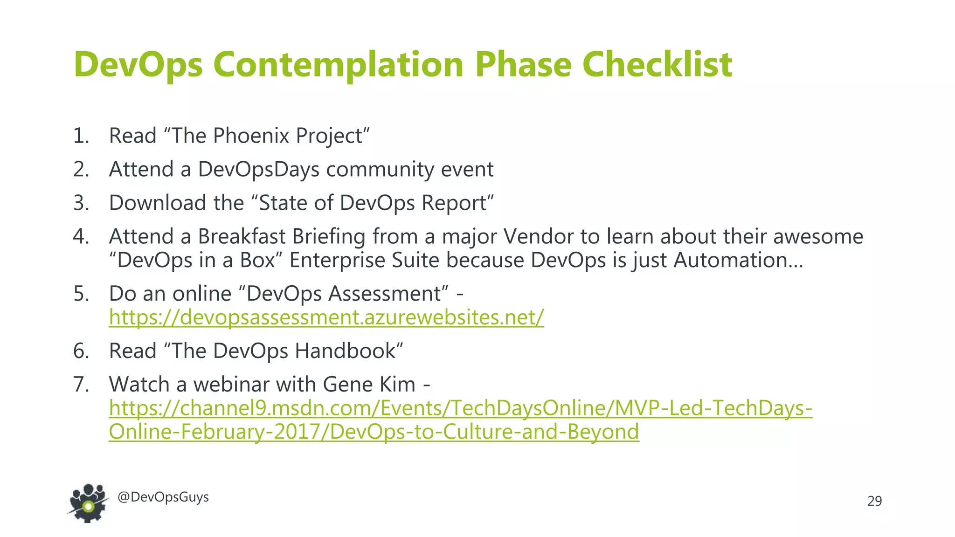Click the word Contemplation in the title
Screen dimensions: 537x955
tap(338, 64)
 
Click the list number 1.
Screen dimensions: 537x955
tap(80, 136)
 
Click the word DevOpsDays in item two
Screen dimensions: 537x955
tap(258, 169)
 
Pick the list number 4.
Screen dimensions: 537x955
tap(80, 236)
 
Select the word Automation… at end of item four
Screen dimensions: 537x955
tap(738, 260)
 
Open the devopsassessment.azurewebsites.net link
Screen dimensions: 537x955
tap(326, 317)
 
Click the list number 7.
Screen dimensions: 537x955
tap(80, 385)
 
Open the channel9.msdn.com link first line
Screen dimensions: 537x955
tap(460, 408)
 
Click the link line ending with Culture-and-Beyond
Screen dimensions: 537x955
tap(374, 432)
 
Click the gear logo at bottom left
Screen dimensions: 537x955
tap(89, 503)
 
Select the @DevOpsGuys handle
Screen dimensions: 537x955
tap(163, 497)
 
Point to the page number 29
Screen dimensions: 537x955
tap(874, 501)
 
